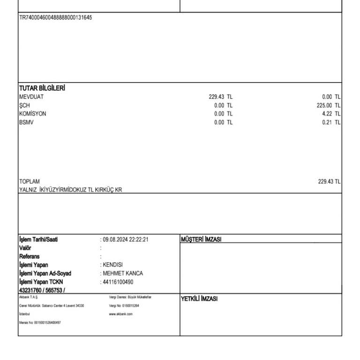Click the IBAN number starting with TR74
(55, 18)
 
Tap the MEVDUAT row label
(31, 97)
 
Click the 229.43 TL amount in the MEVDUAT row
(220, 97)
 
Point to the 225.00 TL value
(329, 105)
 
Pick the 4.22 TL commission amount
(331, 114)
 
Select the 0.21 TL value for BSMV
(331, 122)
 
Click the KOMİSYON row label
(33, 114)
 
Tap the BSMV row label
(26, 122)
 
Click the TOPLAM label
(30, 181)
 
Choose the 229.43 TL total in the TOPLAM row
(329, 181)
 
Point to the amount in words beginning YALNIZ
(70, 190)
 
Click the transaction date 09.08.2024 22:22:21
(126, 240)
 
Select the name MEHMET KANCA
(123, 273)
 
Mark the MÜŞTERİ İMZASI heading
(201, 240)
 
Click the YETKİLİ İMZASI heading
(199, 299)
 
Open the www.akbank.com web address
(120, 314)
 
